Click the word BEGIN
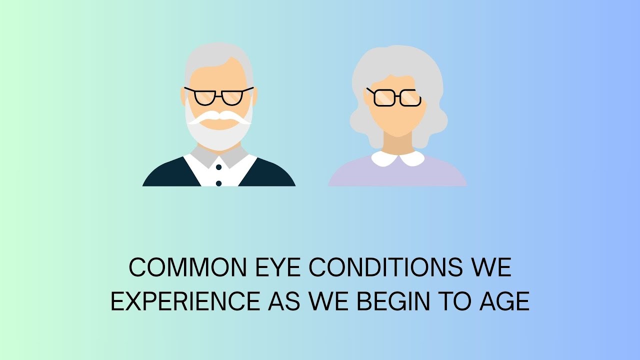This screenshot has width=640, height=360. click(399, 301)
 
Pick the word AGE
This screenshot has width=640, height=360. click(503, 301)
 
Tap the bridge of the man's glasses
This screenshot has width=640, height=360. click(218, 93)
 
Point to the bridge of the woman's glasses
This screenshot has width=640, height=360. click(394, 96)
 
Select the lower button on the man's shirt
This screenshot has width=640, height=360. click(218, 183)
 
